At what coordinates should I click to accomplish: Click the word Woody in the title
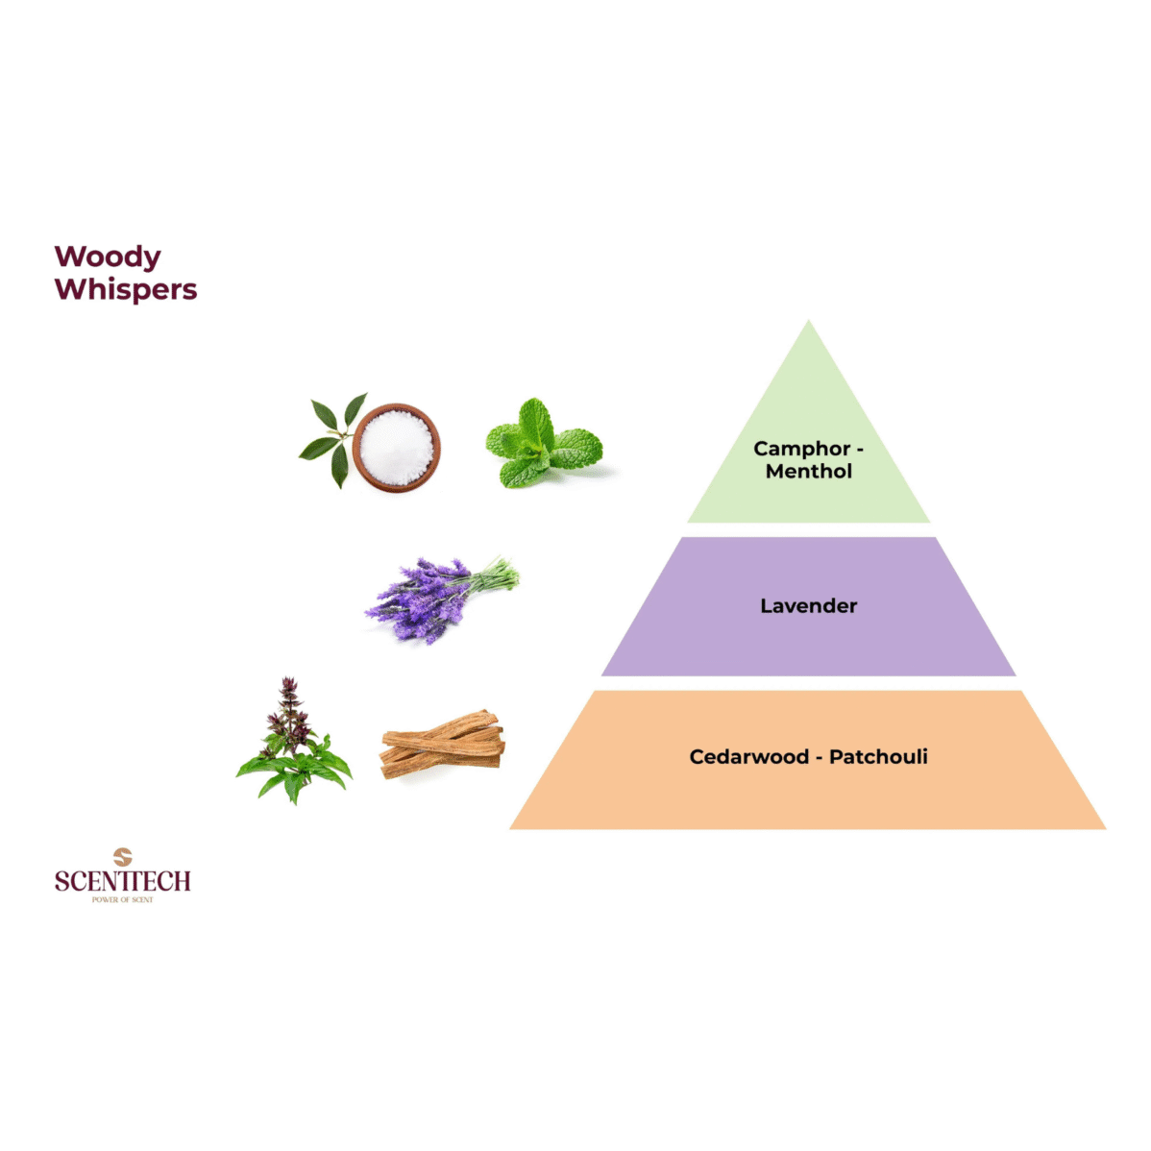[x=108, y=257]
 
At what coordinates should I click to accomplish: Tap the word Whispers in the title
[x=126, y=289]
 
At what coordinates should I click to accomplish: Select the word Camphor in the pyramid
[x=801, y=449]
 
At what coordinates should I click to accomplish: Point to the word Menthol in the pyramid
[x=809, y=471]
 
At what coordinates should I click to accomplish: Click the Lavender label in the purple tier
[x=809, y=606]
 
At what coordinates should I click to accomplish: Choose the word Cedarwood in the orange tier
[x=749, y=757]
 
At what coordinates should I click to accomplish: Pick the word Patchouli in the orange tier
[x=878, y=757]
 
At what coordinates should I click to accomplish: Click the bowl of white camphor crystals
[x=397, y=447]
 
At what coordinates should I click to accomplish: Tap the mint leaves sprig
[x=542, y=444]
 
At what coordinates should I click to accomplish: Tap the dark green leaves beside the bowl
[x=330, y=437]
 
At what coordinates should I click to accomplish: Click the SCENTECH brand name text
[x=123, y=881]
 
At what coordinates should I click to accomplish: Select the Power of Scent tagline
[x=123, y=900]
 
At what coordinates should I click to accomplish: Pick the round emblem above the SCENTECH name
[x=122, y=856]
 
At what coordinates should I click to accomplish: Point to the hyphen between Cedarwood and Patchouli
[x=819, y=757]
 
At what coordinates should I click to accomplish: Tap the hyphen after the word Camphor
[x=860, y=449]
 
